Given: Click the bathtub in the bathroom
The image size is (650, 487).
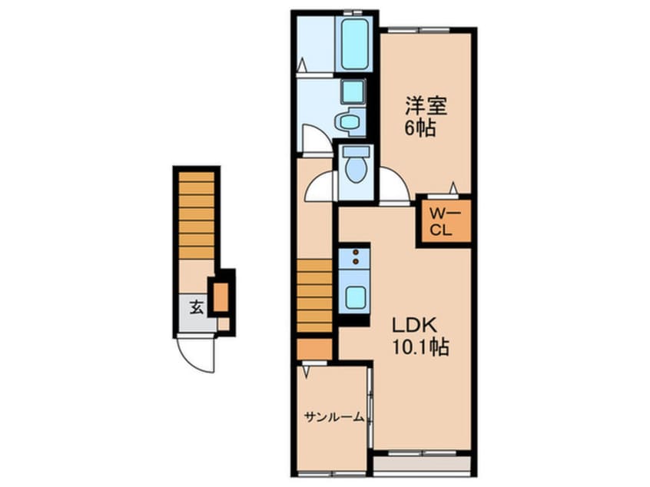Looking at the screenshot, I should (x=354, y=44).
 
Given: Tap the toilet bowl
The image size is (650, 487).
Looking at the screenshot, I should (x=355, y=166).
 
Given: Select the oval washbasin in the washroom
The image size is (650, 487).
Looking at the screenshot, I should (x=350, y=121).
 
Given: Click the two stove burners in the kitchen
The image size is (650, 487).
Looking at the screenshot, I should (x=353, y=259).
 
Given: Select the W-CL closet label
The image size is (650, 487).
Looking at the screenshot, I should (x=443, y=221).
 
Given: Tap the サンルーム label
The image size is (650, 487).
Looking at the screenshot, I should (x=333, y=417).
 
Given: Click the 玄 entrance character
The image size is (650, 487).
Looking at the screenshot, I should (x=195, y=308).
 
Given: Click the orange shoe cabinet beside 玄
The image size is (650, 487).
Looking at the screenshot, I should (x=221, y=297).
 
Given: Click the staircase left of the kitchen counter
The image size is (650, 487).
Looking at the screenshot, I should (x=315, y=296).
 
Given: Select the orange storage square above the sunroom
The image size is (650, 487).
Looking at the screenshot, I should (x=314, y=350).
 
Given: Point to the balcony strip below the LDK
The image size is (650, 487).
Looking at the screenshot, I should (x=422, y=464).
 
